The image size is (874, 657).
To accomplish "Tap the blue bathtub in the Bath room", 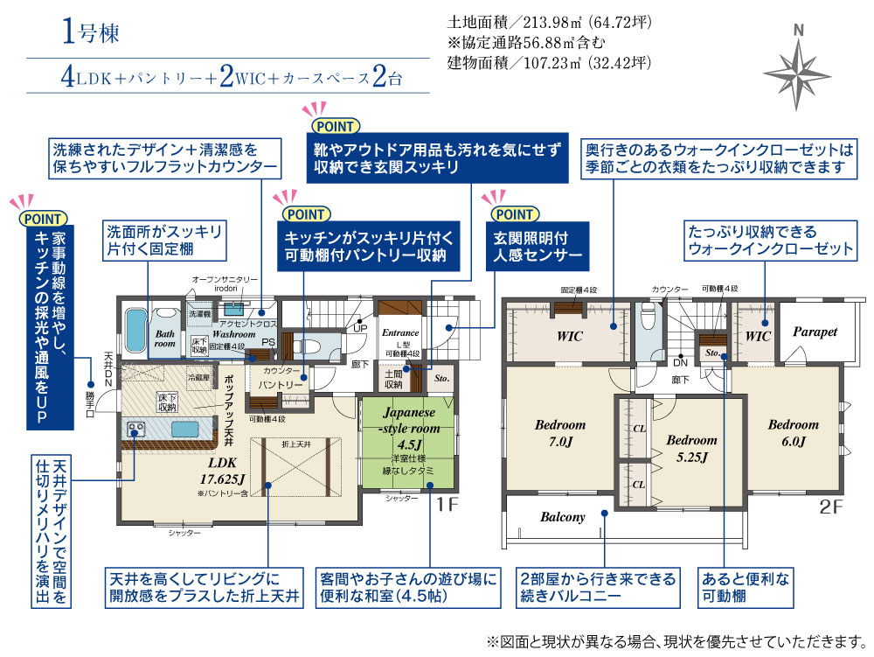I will (135, 330).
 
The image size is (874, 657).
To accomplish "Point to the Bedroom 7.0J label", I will (560, 432).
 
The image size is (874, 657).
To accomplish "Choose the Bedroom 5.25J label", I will (691, 448).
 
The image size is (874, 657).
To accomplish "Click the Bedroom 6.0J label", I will (794, 432).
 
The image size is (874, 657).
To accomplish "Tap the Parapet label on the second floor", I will (815, 332).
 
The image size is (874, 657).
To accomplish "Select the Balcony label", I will (562, 517).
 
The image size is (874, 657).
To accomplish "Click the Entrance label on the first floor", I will (401, 332).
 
